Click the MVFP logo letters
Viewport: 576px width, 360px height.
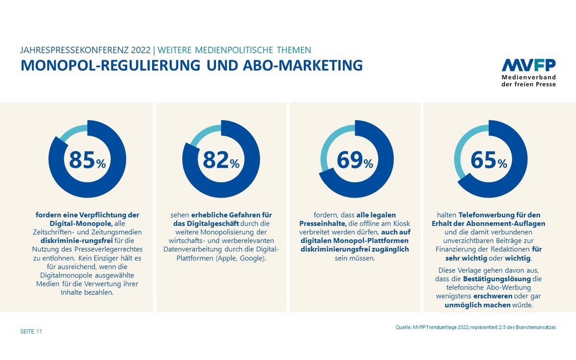[528, 66]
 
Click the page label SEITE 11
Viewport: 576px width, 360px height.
[31, 331]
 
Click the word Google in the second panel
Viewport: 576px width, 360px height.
[253, 258]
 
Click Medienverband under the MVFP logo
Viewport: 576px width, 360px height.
[528, 77]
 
